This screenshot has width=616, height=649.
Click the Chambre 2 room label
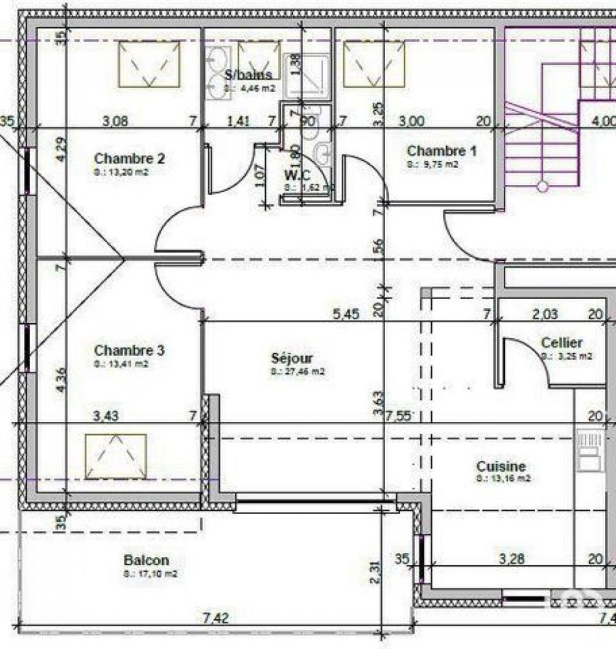click(130, 158)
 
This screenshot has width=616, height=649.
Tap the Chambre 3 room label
click(130, 350)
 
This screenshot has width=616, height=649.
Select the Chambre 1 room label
click(442, 151)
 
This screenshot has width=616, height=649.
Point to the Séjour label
click(292, 358)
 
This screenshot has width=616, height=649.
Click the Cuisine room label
click(501, 467)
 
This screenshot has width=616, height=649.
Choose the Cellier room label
click(562, 343)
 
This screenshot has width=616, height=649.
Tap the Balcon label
click(146, 560)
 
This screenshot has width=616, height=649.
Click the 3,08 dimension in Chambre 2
click(116, 119)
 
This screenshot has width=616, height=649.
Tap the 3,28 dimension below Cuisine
click(513, 557)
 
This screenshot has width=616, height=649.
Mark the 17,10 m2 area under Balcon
click(150, 574)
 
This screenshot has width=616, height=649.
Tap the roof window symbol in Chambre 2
click(150, 64)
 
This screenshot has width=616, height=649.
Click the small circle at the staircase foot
click(543, 187)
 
